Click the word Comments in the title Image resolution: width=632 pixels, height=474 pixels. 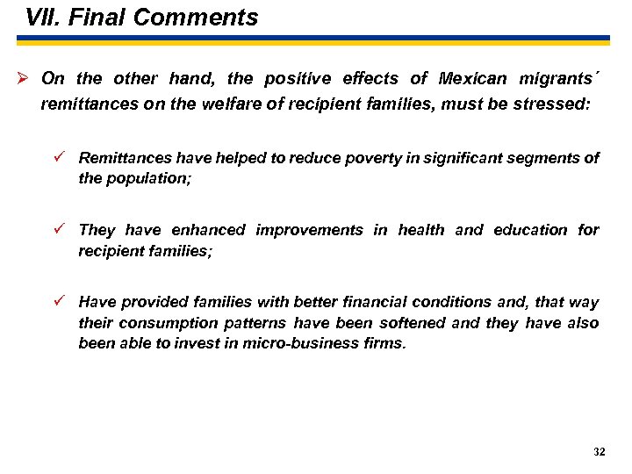208,18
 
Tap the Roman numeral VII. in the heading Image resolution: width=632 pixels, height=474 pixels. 42,18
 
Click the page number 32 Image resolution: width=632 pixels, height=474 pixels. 599,452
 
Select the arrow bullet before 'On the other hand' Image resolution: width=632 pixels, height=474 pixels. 24,78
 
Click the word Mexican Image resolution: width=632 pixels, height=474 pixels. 473,79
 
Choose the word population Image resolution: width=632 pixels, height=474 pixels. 148,178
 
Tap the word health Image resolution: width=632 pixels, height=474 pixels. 420,231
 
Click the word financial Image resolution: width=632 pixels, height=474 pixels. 345,303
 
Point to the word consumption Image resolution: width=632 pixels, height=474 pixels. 159,323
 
